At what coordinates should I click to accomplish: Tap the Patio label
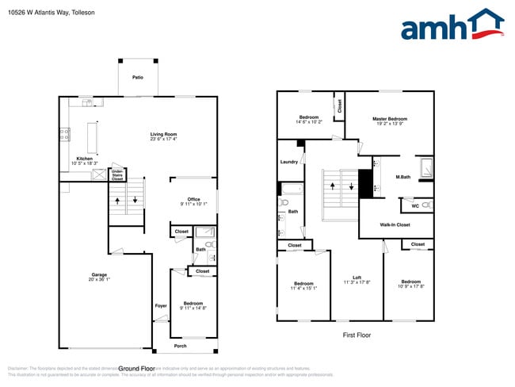[x=138, y=78]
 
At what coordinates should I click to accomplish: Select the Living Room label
[x=163, y=134]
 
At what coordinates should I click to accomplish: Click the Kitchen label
[x=84, y=159]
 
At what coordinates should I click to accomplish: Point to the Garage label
[x=98, y=274]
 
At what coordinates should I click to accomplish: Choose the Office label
[x=193, y=199]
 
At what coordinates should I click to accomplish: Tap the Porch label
[x=181, y=346]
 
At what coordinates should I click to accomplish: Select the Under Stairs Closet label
[x=116, y=174]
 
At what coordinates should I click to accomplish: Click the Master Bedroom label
[x=390, y=119]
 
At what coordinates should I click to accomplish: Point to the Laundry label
[x=289, y=162]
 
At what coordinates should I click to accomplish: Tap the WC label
[x=415, y=206]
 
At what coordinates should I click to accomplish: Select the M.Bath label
[x=403, y=177]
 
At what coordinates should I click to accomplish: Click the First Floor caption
[x=357, y=335]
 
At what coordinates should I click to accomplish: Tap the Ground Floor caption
[x=136, y=369]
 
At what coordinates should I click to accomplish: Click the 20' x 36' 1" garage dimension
[x=98, y=280]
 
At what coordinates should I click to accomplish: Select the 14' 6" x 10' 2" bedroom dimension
[x=309, y=122]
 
